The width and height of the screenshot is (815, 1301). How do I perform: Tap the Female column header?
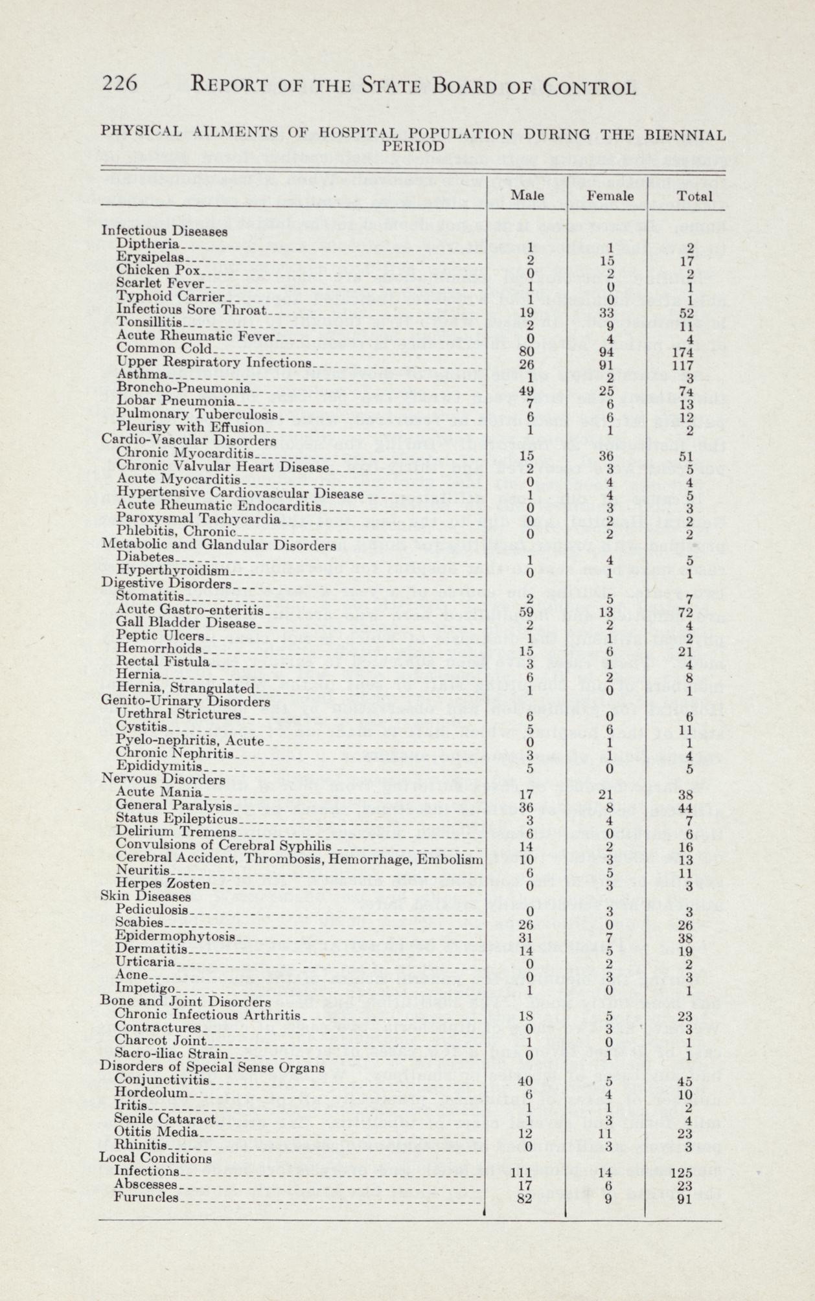coord(610,195)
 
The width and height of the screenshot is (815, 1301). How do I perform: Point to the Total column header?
coord(694,196)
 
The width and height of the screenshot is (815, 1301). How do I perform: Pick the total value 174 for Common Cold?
coord(690,354)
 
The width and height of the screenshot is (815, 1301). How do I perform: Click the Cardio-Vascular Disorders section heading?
coord(189,440)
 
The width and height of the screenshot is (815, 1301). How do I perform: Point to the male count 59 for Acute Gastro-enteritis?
coord(526,611)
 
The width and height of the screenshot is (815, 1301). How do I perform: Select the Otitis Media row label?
coord(155,1133)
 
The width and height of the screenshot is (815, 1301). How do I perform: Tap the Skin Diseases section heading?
coord(146,897)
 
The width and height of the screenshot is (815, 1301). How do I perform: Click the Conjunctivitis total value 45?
coord(690,1081)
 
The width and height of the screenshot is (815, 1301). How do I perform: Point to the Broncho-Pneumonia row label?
coord(183,389)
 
